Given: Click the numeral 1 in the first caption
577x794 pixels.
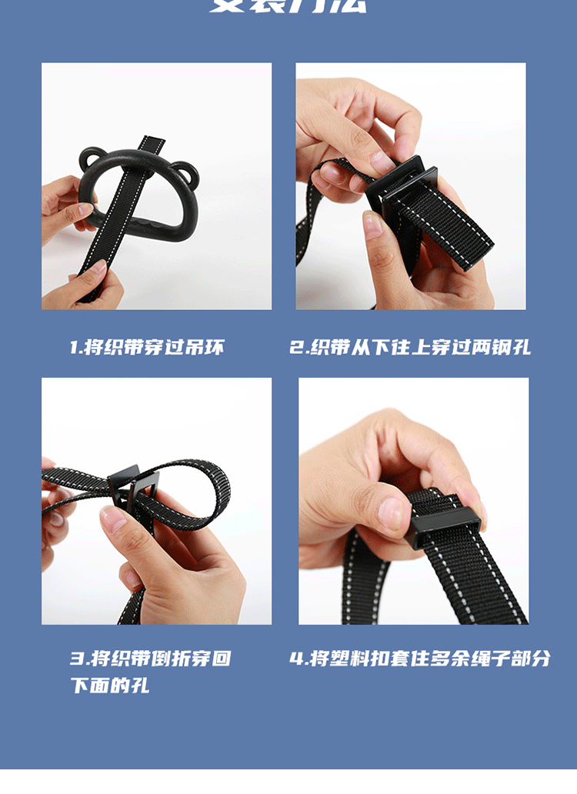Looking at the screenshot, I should pos(74,347).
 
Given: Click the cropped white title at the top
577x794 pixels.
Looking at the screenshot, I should pos(288,6).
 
